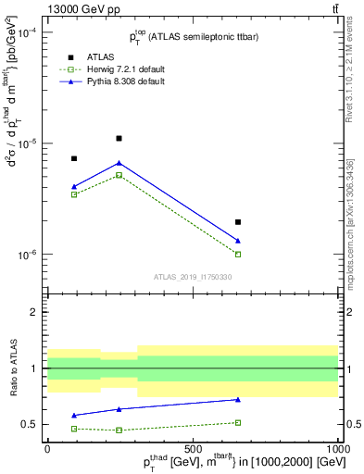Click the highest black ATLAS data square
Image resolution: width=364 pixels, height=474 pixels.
(x=119, y=138)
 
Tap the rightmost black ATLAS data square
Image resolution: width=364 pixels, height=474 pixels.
(x=238, y=222)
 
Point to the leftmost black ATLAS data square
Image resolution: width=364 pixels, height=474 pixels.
(x=74, y=158)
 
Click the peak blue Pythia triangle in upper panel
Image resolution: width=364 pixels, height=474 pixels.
(x=119, y=163)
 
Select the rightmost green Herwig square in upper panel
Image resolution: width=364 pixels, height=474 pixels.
(x=238, y=254)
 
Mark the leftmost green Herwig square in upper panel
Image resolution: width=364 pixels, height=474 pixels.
(x=74, y=194)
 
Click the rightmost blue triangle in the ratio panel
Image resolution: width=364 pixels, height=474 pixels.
(x=238, y=400)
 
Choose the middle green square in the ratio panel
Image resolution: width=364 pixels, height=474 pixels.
(x=119, y=430)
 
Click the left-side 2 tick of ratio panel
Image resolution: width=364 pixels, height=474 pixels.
(x=36, y=312)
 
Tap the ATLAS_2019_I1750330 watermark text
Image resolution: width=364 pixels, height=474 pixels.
(x=193, y=276)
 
